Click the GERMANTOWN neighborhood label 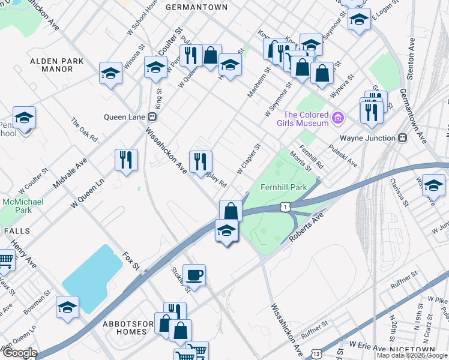[x=188, y=7]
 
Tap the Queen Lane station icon [x=158, y=117]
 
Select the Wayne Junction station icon [x=403, y=137]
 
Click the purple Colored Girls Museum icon [x=339, y=119]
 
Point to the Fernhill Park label [x=283, y=187]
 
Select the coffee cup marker [x=194, y=276]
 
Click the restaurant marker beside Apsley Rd [x=200, y=161]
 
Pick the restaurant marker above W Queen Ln [x=126, y=160]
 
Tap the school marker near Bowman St [x=67, y=307]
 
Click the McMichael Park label [x=23, y=206]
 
